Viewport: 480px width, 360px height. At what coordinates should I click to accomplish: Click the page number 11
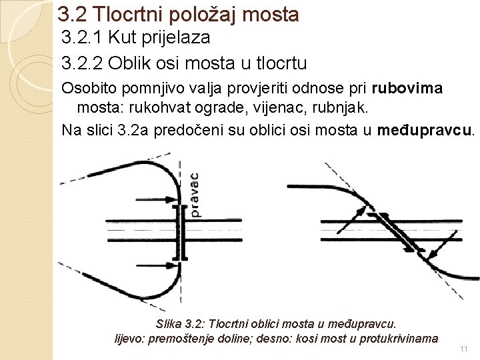tap(465, 349)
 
